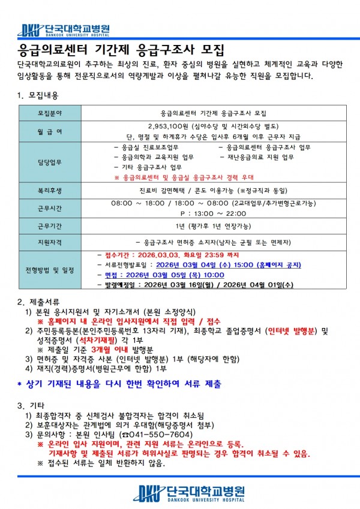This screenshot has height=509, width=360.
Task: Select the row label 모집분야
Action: point(49,113)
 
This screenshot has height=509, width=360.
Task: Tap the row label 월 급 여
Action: point(49,131)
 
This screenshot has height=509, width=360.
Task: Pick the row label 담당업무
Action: point(49,162)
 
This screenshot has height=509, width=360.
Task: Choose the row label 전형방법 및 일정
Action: point(49,270)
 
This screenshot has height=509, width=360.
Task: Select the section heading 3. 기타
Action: point(31,405)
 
